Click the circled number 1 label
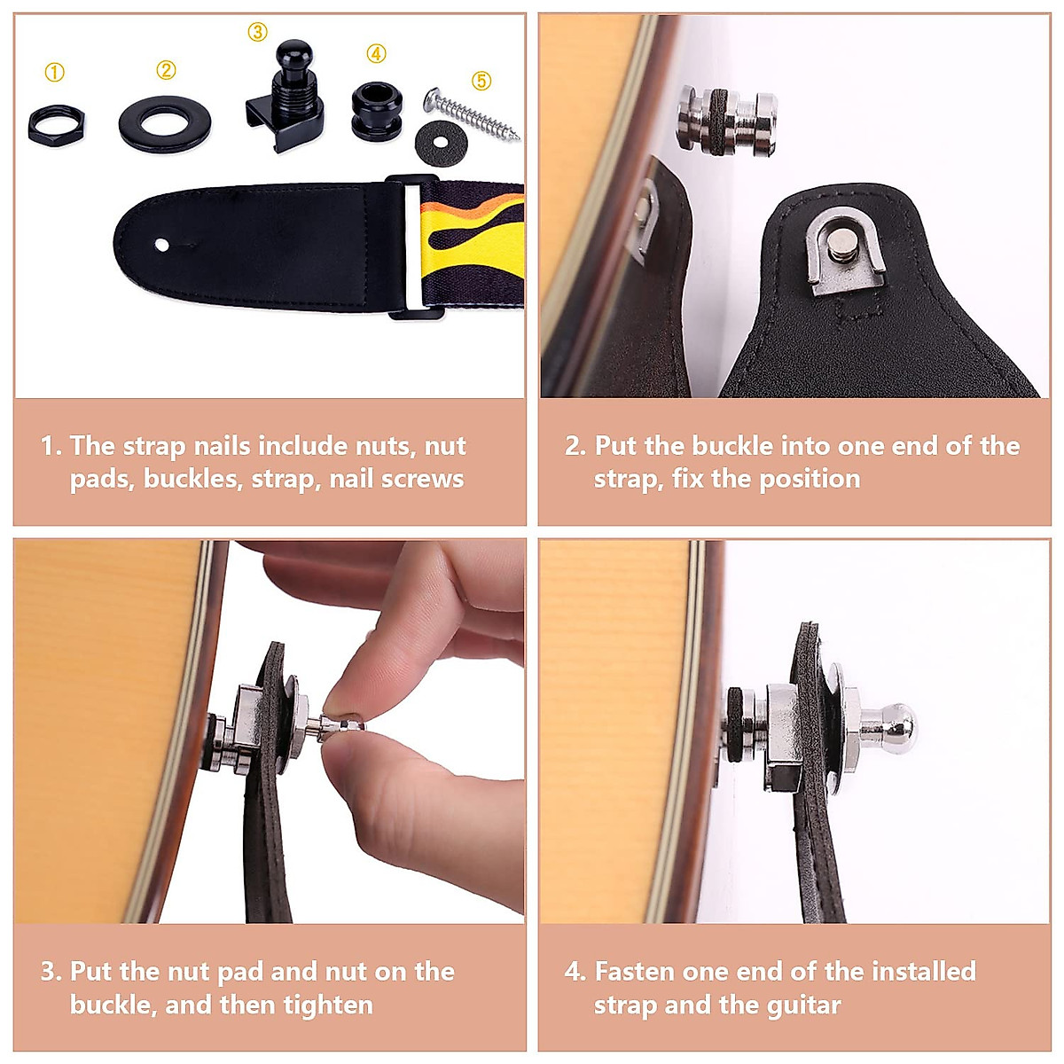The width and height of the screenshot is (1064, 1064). (x=55, y=73)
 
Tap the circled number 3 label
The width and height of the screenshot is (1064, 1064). (x=257, y=33)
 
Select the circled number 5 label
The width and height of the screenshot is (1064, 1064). (x=481, y=82)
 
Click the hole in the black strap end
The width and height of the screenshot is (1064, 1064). (x=161, y=244)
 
